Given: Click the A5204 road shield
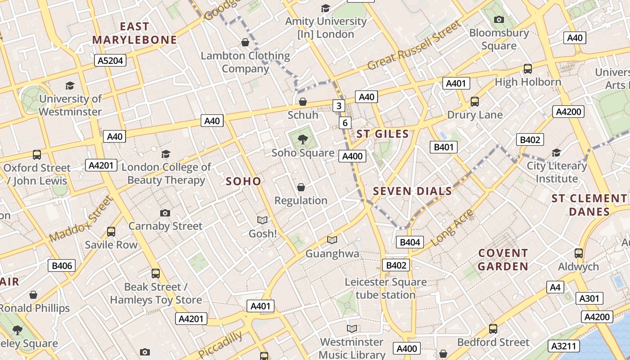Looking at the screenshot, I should click(x=110, y=60).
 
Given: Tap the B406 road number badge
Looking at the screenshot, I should click(x=62, y=265).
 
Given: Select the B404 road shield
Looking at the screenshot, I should click(x=410, y=243).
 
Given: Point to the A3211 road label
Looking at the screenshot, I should click(x=563, y=346).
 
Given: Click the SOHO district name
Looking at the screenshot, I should click(x=243, y=181).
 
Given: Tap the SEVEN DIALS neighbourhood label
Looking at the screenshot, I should click(x=412, y=191).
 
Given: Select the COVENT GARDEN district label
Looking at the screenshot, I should click(x=503, y=260).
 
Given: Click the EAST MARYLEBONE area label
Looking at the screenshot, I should click(x=135, y=33).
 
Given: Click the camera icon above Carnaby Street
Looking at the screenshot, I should click(x=165, y=213).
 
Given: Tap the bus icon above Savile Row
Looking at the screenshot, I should click(x=111, y=232).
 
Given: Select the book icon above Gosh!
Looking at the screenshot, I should click(x=262, y=220).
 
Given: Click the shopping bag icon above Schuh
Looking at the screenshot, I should click(x=303, y=102).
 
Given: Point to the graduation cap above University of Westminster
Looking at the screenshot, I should click(x=70, y=85).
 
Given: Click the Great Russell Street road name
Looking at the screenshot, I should click(x=414, y=45).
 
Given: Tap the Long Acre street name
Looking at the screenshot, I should click(x=452, y=228).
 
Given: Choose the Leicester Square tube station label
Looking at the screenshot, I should click(x=386, y=288).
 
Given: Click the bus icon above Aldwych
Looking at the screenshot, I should click(x=579, y=253).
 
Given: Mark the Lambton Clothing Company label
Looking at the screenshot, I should click(x=245, y=62).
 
